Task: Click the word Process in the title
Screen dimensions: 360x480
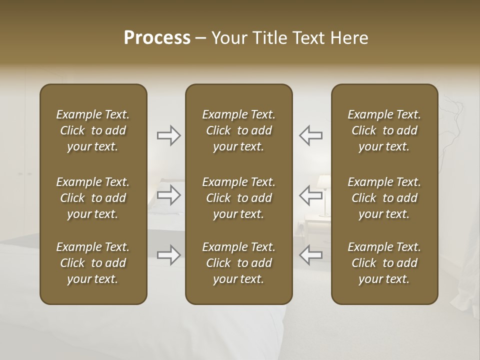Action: (157, 38)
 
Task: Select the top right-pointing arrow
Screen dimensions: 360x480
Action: (168, 135)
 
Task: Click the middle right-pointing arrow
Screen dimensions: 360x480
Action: (168, 195)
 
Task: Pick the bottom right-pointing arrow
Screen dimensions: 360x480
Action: (168, 255)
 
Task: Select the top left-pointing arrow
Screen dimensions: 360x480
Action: (310, 135)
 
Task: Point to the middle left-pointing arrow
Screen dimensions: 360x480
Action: (310, 195)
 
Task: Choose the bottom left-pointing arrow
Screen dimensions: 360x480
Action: (310, 255)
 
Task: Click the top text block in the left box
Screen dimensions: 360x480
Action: (93, 130)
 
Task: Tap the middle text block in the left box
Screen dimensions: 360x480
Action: (93, 198)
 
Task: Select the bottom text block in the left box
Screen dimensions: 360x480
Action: (93, 263)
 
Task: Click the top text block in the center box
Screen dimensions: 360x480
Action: (238, 130)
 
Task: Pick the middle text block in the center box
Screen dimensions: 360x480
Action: (238, 198)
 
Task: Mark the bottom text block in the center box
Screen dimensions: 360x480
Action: (238, 263)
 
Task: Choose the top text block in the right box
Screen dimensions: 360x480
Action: (384, 130)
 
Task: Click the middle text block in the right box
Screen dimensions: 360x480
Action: (384, 198)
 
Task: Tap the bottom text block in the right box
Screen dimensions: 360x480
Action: (384, 263)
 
